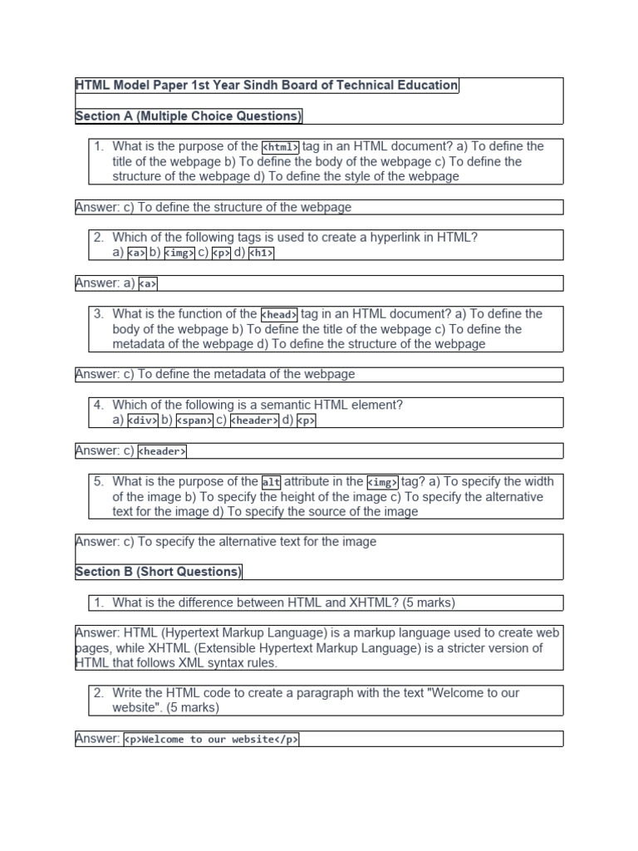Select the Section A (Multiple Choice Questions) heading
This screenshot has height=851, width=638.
(x=189, y=116)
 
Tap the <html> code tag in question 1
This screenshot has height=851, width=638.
(x=280, y=147)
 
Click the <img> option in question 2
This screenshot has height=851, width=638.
(x=179, y=253)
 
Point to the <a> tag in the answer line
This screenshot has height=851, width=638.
(x=148, y=284)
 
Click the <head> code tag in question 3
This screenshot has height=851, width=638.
(x=279, y=315)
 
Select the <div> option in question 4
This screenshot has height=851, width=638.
(x=143, y=421)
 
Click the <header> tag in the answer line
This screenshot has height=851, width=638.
(x=162, y=452)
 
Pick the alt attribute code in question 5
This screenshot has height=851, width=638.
(x=271, y=482)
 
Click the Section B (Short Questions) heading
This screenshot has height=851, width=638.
(x=159, y=572)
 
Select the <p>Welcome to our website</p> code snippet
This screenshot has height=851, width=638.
(x=211, y=740)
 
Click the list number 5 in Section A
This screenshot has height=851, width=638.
(x=98, y=482)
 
